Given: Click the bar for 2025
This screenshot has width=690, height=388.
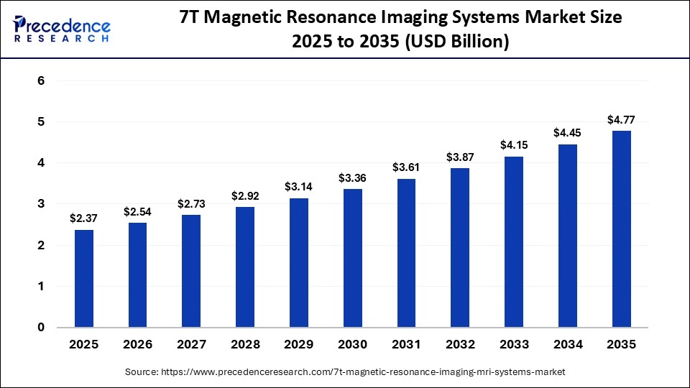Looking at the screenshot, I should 83,278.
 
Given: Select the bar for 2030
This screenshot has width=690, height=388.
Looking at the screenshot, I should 353,258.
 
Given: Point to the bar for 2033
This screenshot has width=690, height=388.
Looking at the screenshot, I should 514,241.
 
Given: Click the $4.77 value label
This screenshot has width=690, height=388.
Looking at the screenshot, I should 622,119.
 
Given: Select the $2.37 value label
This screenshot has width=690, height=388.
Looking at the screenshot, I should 83,218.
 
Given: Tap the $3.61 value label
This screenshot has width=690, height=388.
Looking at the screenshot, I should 407,167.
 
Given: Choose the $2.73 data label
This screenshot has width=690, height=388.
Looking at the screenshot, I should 191,203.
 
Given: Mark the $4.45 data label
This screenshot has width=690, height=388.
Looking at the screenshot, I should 568,132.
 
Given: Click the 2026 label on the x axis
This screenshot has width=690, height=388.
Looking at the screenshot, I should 137,344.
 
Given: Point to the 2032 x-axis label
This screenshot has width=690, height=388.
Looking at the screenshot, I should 460,344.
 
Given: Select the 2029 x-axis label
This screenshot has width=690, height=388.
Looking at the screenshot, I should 299,344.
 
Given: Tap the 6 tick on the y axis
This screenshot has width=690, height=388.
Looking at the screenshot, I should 41,81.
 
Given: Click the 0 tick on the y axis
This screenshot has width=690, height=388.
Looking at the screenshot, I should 41,328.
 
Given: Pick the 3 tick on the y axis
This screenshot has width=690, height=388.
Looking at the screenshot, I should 41,204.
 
